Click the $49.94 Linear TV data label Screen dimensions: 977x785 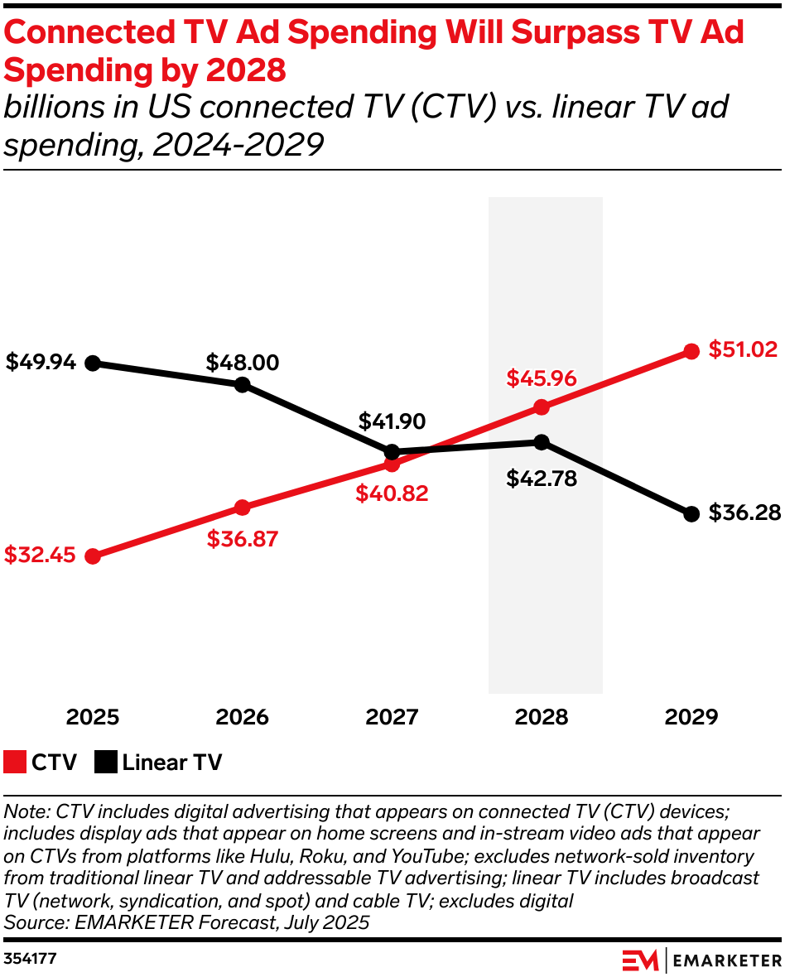point(41,363)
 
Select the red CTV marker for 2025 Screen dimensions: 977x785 point(93,556)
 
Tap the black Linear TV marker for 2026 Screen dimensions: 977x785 point(242,384)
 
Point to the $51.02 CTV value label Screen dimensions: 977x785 point(743,349)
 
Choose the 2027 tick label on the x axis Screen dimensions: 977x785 point(392,716)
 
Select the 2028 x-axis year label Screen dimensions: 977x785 point(542,716)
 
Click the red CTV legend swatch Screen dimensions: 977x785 point(15,762)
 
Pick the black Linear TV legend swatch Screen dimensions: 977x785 point(105,762)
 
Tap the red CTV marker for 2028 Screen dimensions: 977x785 point(542,407)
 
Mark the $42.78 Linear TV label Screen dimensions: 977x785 point(542,479)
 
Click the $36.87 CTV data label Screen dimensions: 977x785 point(242,539)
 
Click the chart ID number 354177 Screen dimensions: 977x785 point(31,958)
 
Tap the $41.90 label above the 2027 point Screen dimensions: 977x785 point(392,421)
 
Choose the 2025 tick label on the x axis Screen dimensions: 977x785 point(93,716)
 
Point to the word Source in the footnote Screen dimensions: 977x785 point(30,921)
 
